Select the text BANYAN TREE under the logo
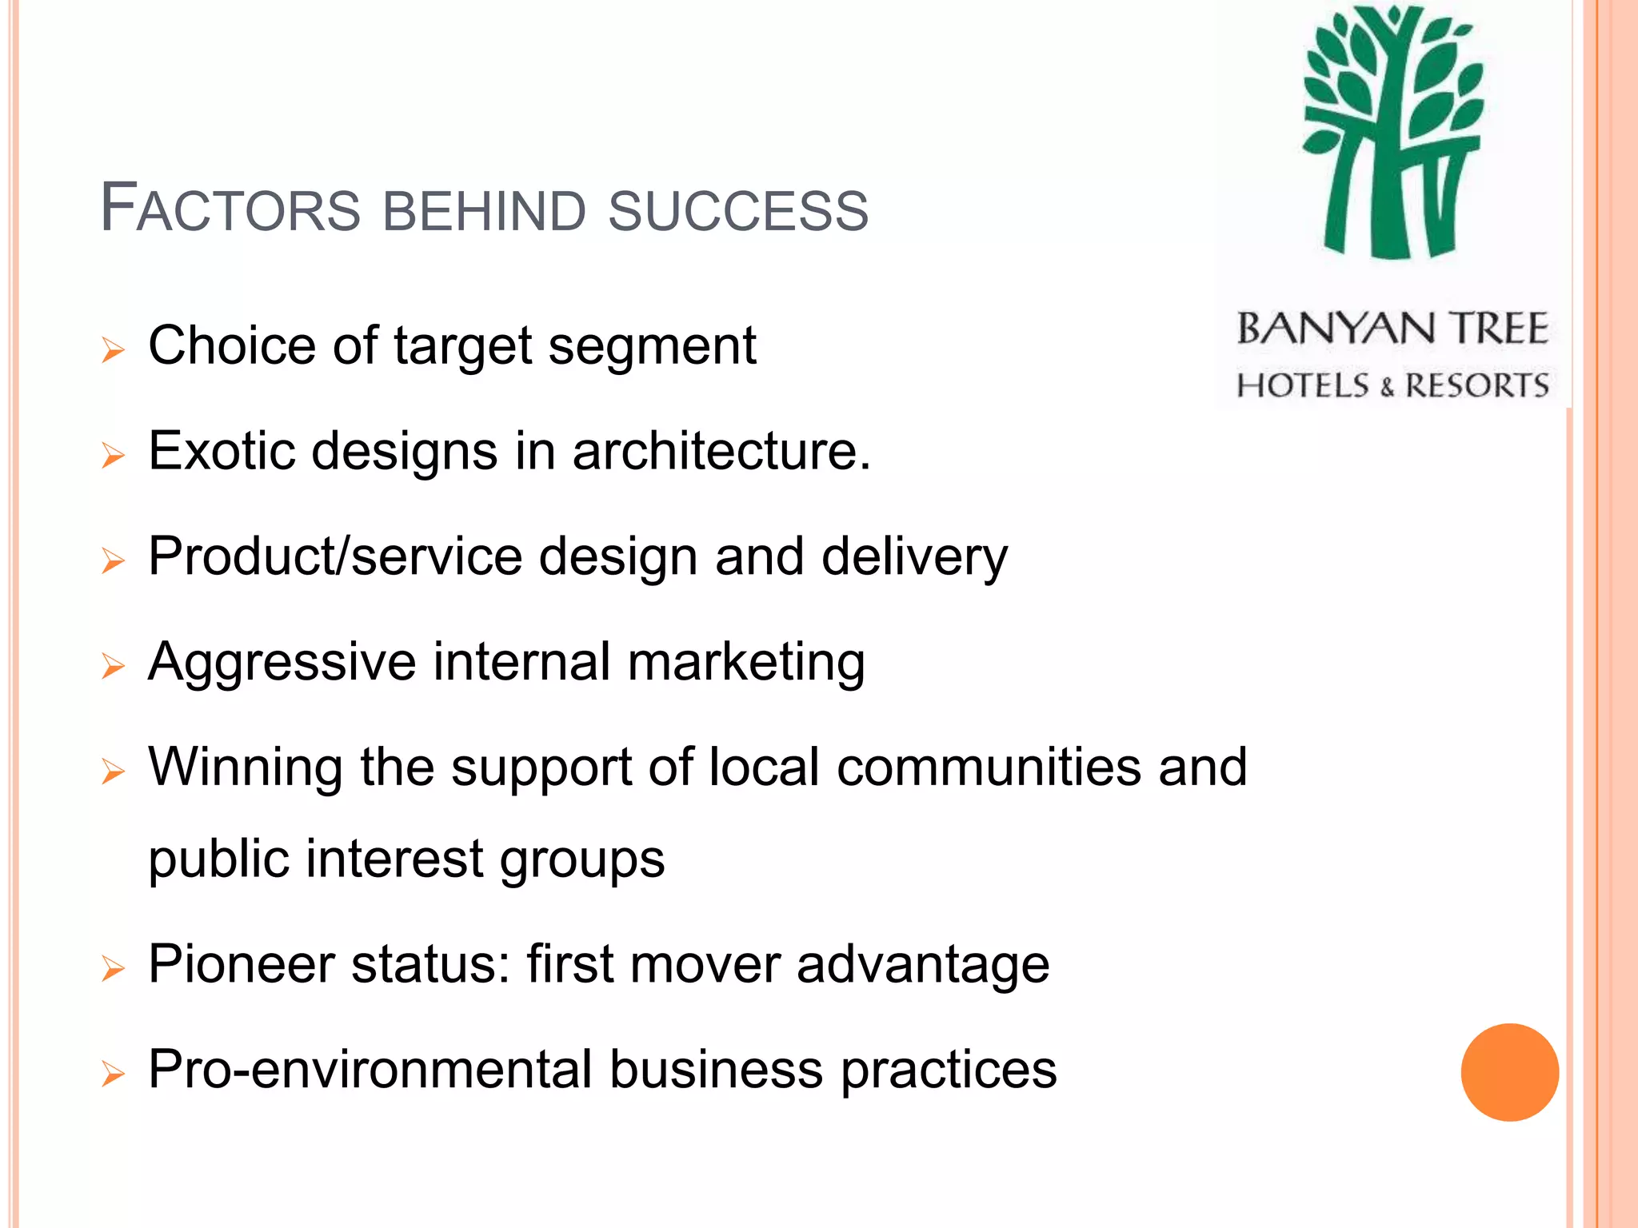pyautogui.click(x=1392, y=329)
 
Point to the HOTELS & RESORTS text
pyautogui.click(x=1392, y=385)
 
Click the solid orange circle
pyautogui.click(x=1509, y=1072)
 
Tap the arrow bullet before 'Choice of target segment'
pyautogui.click(x=114, y=350)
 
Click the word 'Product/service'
pyautogui.click(x=335, y=556)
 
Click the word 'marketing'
pyautogui.click(x=746, y=664)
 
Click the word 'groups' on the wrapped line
pyautogui.click(x=582, y=860)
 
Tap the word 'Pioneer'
pyautogui.click(x=242, y=964)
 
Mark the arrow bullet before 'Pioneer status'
pyautogui.click(x=114, y=969)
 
